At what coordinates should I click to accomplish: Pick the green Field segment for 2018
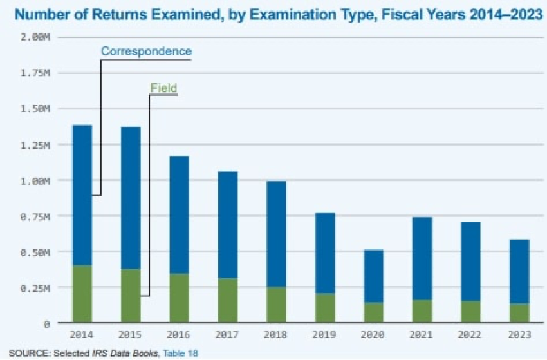pyautogui.click(x=276, y=305)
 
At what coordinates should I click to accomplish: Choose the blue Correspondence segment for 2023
pyautogui.click(x=519, y=271)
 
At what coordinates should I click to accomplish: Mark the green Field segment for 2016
pyautogui.click(x=179, y=298)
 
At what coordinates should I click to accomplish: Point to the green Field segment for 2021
pyautogui.click(x=422, y=311)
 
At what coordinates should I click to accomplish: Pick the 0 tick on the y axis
pyautogui.click(x=46, y=324)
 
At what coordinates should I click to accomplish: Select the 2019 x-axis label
pyautogui.click(x=325, y=335)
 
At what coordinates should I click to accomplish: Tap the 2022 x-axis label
pyautogui.click(x=470, y=335)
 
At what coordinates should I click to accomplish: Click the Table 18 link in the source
pyautogui.click(x=180, y=353)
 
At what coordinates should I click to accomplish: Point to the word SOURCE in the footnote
pyautogui.click(x=24, y=353)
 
